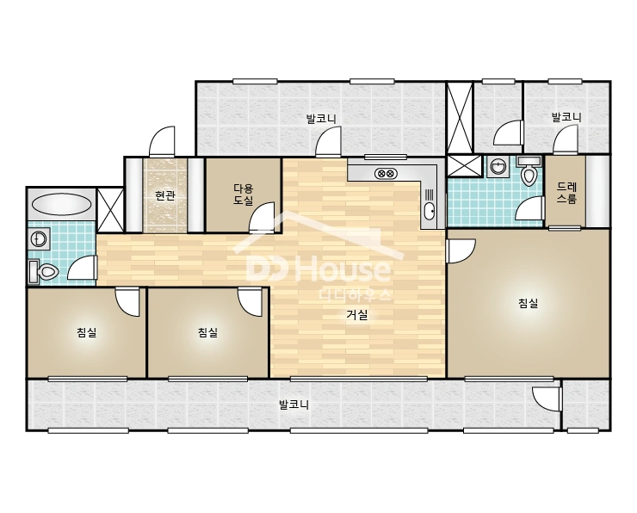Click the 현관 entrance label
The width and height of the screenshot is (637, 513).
pyautogui.click(x=165, y=195)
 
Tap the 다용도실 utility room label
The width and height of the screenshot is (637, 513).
pyautogui.click(x=244, y=195)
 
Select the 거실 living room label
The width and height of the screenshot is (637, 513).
pyautogui.click(x=357, y=314)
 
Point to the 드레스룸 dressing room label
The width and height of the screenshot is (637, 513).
pyautogui.click(x=566, y=193)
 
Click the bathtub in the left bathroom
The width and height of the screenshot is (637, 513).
pyautogui.click(x=62, y=204)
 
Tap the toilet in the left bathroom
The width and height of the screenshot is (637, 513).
pyautogui.click(x=43, y=271)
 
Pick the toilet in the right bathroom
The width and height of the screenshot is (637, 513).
pyautogui.click(x=529, y=171)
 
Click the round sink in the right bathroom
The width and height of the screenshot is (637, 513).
pyautogui.click(x=497, y=166)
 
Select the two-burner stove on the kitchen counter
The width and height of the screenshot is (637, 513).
pyautogui.click(x=386, y=174)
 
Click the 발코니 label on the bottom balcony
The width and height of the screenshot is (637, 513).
pyautogui.click(x=294, y=405)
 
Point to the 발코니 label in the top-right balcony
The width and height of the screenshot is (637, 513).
pyautogui.click(x=566, y=117)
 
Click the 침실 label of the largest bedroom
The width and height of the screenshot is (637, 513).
pyautogui.click(x=529, y=303)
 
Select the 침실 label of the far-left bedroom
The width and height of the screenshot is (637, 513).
pyautogui.click(x=87, y=332)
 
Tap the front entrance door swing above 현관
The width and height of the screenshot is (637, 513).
pyautogui.click(x=163, y=141)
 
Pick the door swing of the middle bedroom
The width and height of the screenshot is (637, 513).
pyautogui.click(x=250, y=301)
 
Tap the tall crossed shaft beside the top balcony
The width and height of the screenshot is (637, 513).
pyautogui.click(x=461, y=117)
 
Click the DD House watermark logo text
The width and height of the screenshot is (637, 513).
pyautogui.click(x=318, y=269)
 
